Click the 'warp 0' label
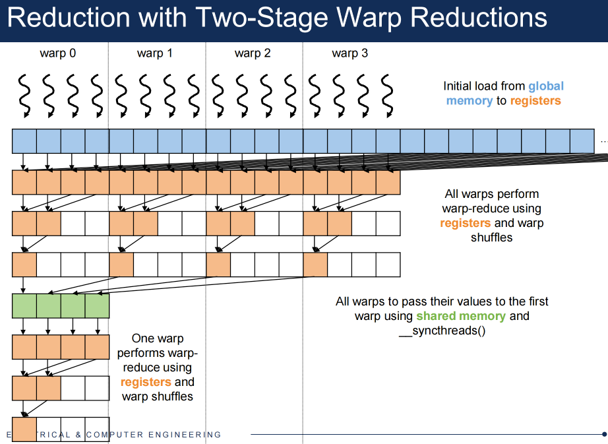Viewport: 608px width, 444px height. click(58, 53)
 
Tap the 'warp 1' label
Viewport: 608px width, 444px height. click(155, 53)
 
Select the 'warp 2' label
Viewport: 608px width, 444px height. click(253, 53)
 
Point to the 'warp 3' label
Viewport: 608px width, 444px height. click(350, 53)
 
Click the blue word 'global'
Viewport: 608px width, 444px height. click(546, 86)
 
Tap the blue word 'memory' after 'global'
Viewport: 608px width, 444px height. click(469, 101)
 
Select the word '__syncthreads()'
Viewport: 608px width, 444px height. click(442, 331)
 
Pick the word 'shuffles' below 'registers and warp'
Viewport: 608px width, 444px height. click(491, 238)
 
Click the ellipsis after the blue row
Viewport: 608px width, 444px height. click(603, 141)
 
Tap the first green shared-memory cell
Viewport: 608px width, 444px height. click(24, 306)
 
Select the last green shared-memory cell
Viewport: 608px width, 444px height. click(97, 306)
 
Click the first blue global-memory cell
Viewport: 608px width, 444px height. click(24, 141)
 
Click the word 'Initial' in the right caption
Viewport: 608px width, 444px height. click(460, 86)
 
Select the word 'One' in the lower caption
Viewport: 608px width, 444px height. click(142, 338)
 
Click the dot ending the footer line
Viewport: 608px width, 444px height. click(604, 434)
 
